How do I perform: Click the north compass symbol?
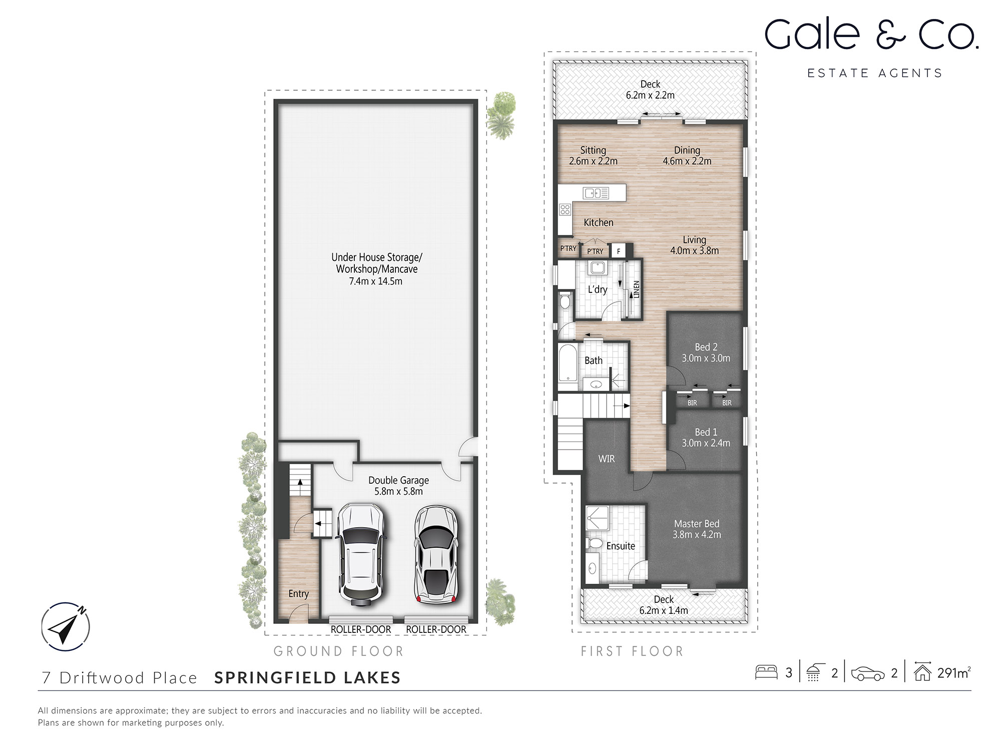[x=66, y=626]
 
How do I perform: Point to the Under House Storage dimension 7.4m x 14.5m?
[x=376, y=281]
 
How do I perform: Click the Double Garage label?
[x=398, y=480]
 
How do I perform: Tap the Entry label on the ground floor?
[x=298, y=594]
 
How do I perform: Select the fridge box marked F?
[x=619, y=251]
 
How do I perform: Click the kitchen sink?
[x=596, y=193]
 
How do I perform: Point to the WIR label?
[x=606, y=459]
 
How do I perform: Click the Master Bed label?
[x=696, y=524]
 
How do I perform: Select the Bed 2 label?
[x=706, y=347]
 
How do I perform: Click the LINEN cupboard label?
[x=636, y=289]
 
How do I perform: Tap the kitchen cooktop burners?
[x=565, y=209]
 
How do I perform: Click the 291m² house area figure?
[x=953, y=673]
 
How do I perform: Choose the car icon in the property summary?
[x=867, y=674]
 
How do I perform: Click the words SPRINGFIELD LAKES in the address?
[x=307, y=677]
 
